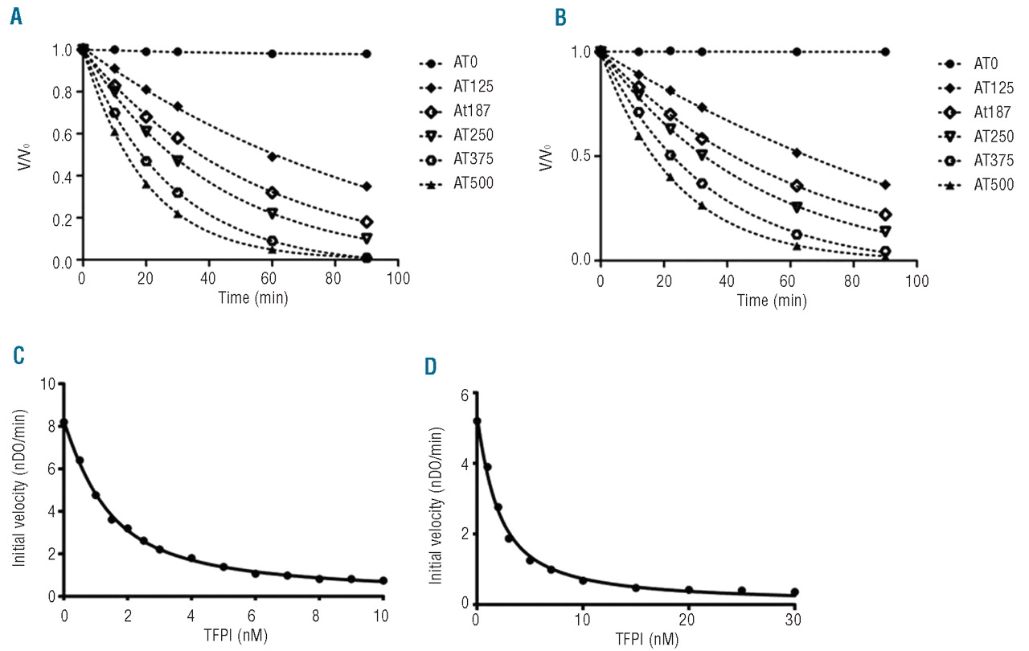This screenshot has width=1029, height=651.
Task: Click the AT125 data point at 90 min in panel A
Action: point(367,186)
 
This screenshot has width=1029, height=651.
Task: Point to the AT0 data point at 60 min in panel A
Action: point(273,54)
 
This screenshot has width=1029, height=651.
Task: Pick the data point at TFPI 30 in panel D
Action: point(794,592)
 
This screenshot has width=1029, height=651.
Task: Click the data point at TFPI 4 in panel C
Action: point(191,558)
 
